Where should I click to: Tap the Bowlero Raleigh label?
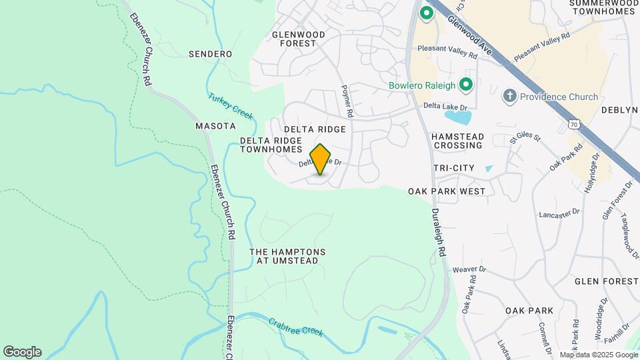click(x=423, y=85)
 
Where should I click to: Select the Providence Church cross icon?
click(x=510, y=97)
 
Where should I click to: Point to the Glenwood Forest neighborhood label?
click(x=298, y=39)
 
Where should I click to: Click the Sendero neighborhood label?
click(x=210, y=54)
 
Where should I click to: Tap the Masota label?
click(x=215, y=125)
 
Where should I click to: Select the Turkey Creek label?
click(x=231, y=106)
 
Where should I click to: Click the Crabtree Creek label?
click(x=295, y=327)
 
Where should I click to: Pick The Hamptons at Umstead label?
click(x=288, y=257)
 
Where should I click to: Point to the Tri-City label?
click(x=455, y=167)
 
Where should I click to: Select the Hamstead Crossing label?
click(x=457, y=140)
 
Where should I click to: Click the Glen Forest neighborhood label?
click(x=606, y=282)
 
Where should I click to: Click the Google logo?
click(x=22, y=352)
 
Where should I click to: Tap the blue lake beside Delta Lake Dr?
click(x=458, y=117)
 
